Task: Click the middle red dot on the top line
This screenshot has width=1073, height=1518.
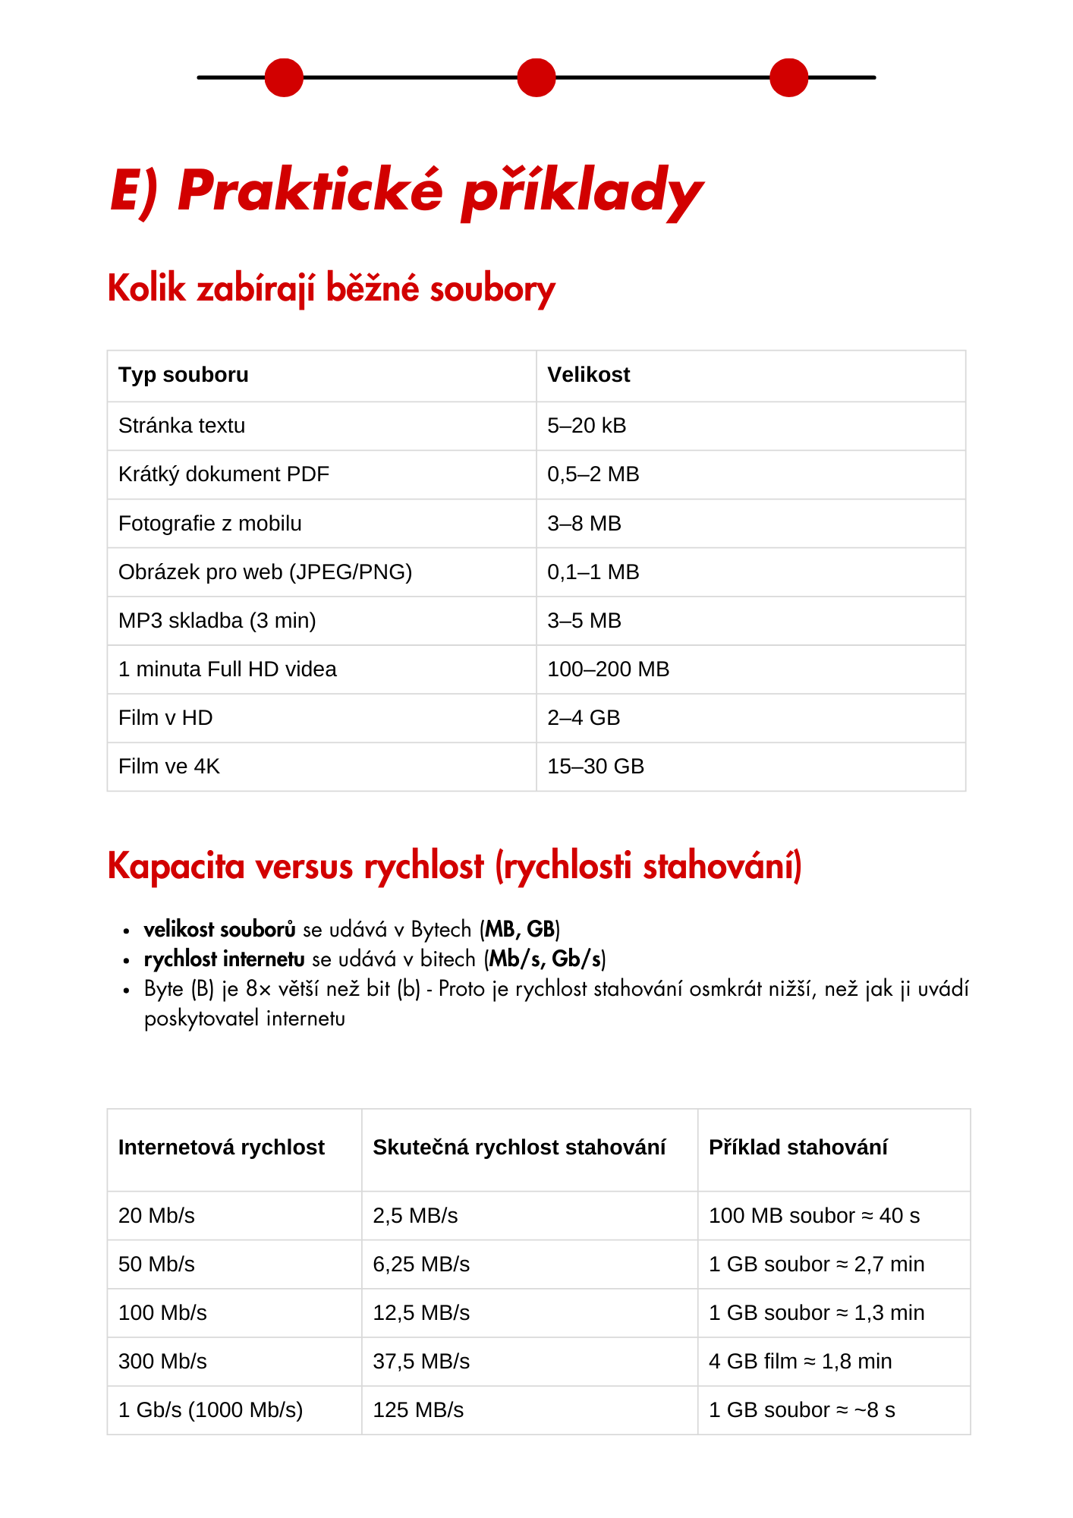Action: click(x=536, y=77)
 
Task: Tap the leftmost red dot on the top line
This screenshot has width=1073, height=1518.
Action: click(x=284, y=77)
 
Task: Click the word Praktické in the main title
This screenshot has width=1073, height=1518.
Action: click(x=310, y=190)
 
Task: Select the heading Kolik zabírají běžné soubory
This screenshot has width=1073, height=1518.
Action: click(x=332, y=289)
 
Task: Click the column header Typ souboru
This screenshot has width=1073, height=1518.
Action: click(x=184, y=375)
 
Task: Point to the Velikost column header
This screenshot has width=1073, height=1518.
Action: click(x=589, y=375)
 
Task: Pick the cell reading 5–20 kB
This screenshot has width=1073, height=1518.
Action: click(x=587, y=426)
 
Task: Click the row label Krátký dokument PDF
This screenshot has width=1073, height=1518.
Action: click(x=224, y=474)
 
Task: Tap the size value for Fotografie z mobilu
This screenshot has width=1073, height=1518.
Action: click(x=584, y=524)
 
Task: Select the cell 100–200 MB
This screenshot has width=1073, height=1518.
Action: click(x=609, y=669)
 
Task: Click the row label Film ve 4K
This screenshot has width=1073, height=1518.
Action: click(x=169, y=767)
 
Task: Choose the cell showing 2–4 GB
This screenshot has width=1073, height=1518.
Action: click(x=584, y=718)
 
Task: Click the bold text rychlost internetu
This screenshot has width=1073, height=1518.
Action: click(x=225, y=959)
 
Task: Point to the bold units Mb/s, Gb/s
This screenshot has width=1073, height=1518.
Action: click(x=546, y=959)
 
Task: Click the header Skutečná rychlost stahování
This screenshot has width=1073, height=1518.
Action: click(x=519, y=1148)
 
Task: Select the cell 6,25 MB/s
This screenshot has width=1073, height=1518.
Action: click(x=421, y=1264)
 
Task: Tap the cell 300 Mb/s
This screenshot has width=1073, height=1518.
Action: click(x=162, y=1362)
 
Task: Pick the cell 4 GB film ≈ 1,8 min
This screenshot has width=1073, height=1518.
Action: click(x=801, y=1362)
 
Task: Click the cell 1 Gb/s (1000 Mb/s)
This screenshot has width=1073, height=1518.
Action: click(x=210, y=1410)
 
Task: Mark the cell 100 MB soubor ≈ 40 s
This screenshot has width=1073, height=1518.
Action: click(x=814, y=1216)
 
